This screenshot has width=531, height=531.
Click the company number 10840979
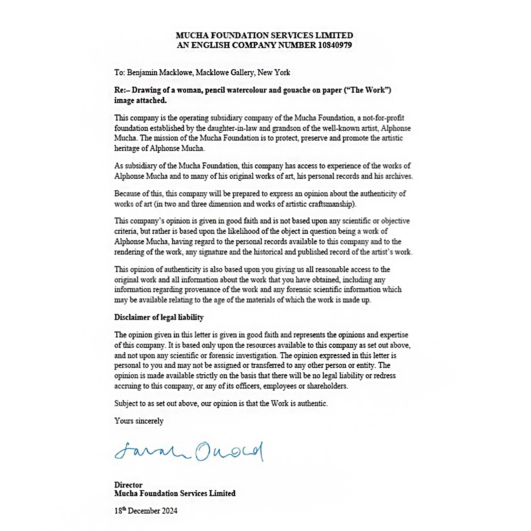pos(335,45)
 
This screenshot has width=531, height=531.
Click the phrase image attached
pos(141,100)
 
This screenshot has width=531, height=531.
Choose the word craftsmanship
pos(332,204)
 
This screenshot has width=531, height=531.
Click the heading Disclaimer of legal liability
pos(159,317)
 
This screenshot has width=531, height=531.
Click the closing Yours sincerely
pos(139,421)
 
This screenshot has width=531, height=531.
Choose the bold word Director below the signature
pos(128,485)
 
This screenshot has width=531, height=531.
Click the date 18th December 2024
pos(146,511)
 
